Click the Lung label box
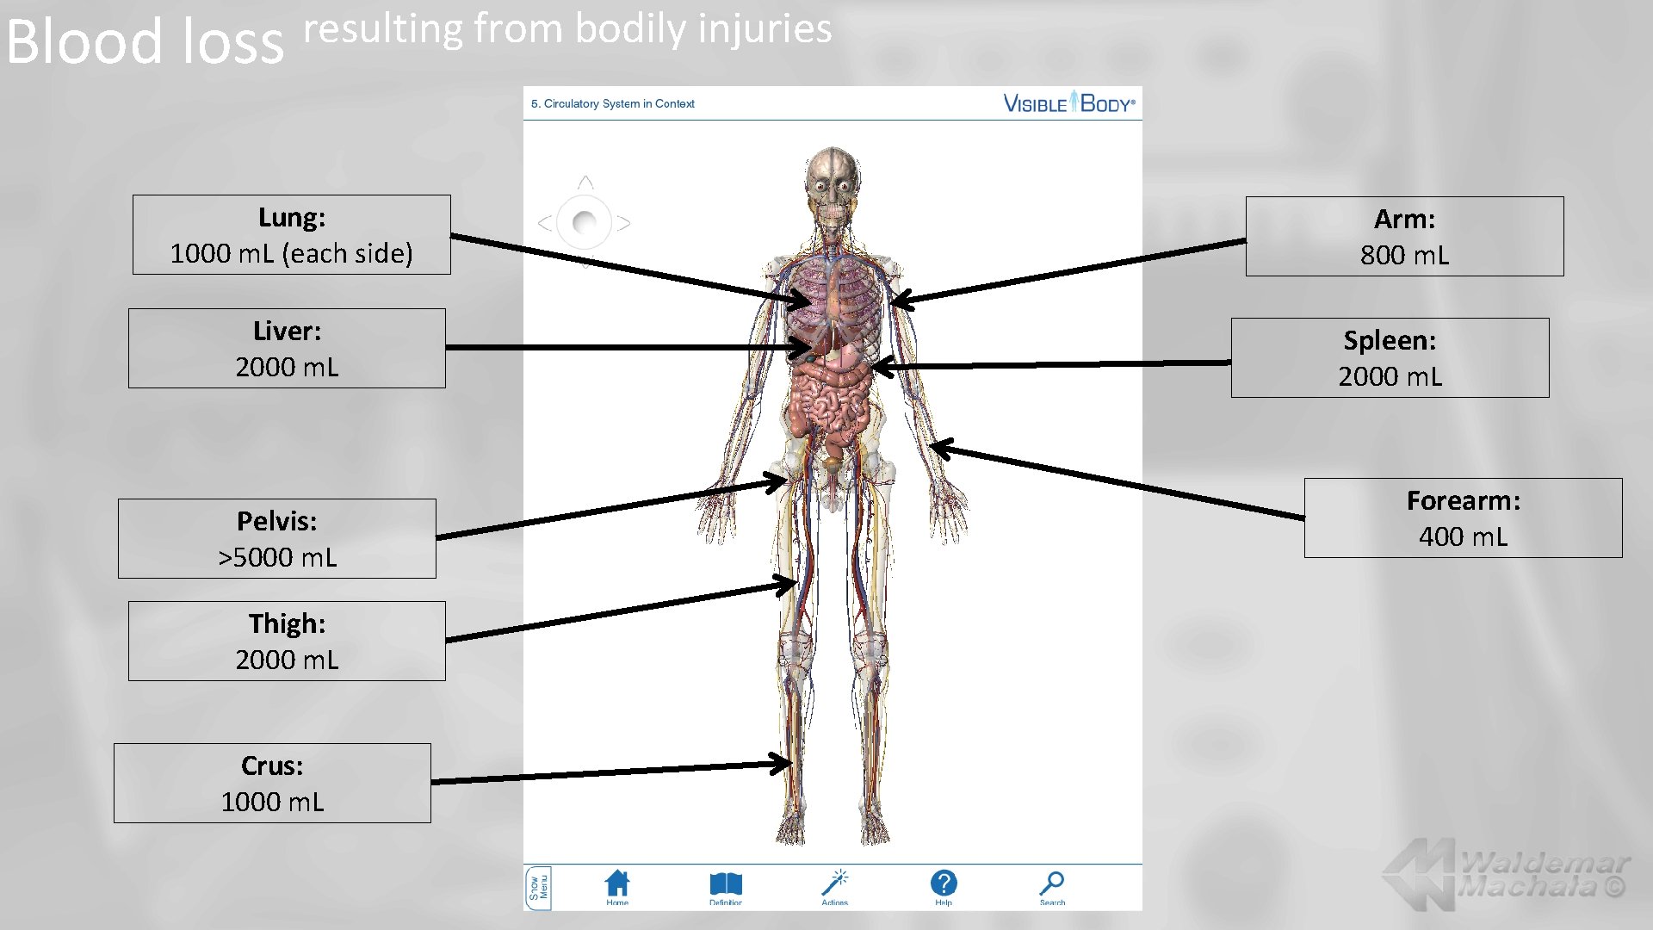pyautogui.click(x=291, y=235)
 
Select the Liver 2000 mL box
pyautogui.click(x=287, y=349)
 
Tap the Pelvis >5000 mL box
pyautogui.click(x=276, y=539)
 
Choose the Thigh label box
pyautogui.click(x=287, y=642)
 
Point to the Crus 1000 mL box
pyautogui.click(x=272, y=784)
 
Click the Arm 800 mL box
pyautogui.click(x=1404, y=237)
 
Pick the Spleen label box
pyautogui.click(x=1390, y=358)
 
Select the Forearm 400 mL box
pyautogui.click(x=1463, y=518)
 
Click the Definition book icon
pyautogui.click(x=726, y=884)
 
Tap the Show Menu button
pyautogui.click(x=538, y=888)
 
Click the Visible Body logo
pyautogui.click(x=1069, y=103)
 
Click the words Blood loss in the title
pyautogui.click(x=145, y=41)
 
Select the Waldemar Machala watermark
pyautogui.click(x=1507, y=874)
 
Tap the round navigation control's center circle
pyautogui.click(x=585, y=223)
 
